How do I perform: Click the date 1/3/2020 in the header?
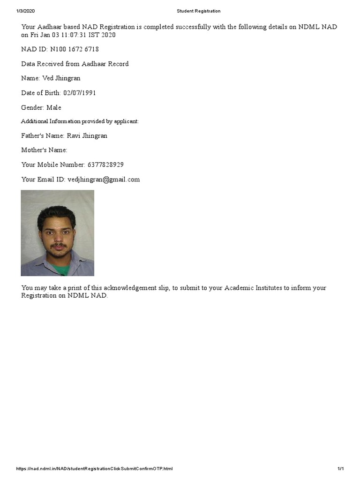(25, 11)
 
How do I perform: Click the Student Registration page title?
(199, 11)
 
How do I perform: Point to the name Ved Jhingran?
(61, 78)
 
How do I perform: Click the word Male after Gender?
(53, 107)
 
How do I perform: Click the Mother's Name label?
(44, 150)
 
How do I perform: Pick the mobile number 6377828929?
(105, 165)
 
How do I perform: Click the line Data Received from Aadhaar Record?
(75, 64)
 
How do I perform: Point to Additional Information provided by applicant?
(80, 121)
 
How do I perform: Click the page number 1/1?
(341, 469)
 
